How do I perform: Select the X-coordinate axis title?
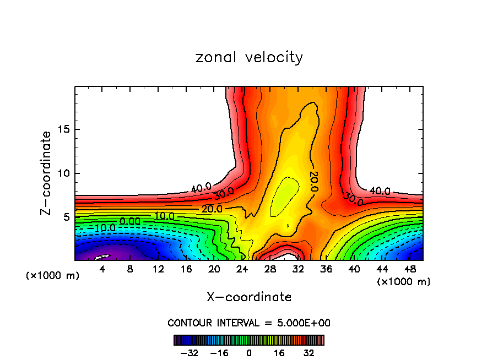[x=249, y=297]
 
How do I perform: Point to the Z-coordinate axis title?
[x=47, y=173]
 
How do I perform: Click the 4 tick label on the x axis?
[x=102, y=270]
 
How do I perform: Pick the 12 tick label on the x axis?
[x=158, y=270]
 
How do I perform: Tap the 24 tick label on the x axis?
[x=242, y=270]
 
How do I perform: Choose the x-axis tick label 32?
[x=298, y=270]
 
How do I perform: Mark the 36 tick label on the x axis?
[x=326, y=270]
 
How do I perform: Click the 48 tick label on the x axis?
[x=410, y=270]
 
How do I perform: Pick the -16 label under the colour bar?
[x=220, y=352]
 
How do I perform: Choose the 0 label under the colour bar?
[x=249, y=352]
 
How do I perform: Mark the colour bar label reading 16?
[x=278, y=352]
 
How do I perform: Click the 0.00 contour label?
[x=130, y=221]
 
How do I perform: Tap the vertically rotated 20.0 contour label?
[x=313, y=181]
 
